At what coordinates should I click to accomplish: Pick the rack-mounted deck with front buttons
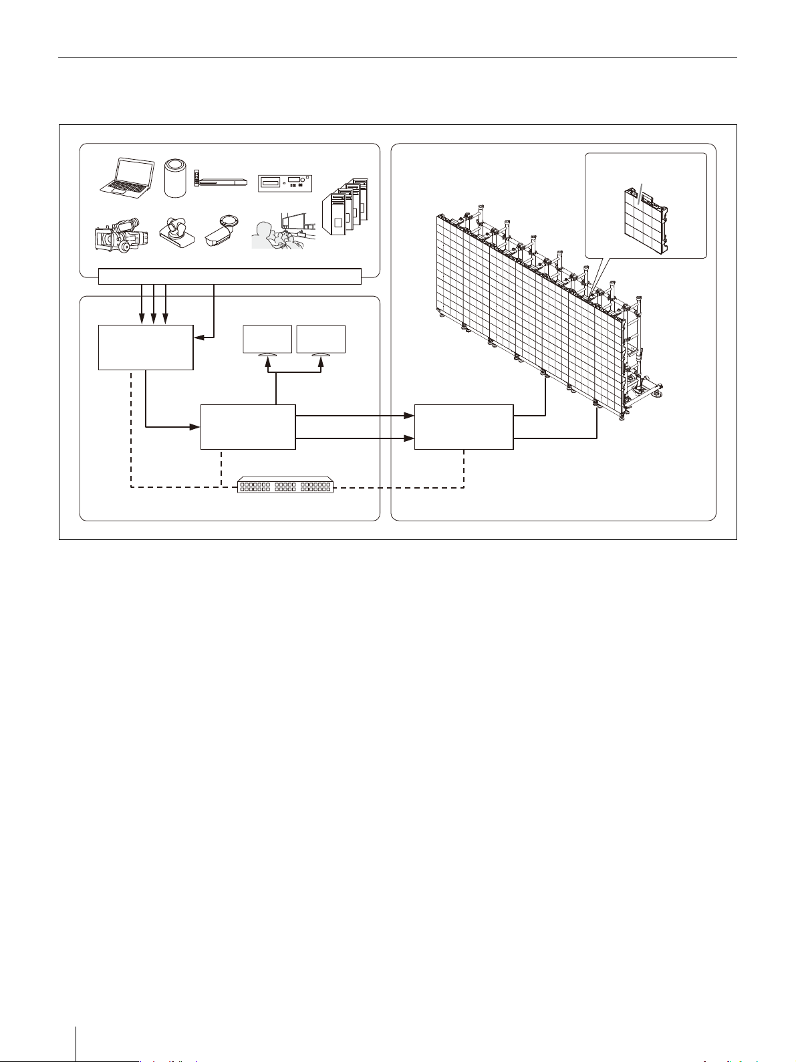pyautogui.click(x=285, y=182)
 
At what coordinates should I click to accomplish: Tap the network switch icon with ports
pyautogui.click(x=286, y=485)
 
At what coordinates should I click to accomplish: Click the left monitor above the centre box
pyautogui.click(x=267, y=340)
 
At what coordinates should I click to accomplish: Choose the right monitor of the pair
pyautogui.click(x=321, y=340)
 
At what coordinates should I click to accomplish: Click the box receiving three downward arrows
pyautogui.click(x=146, y=347)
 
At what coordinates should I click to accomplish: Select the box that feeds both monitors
pyautogui.click(x=248, y=426)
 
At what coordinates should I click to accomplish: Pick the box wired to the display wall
pyautogui.click(x=464, y=426)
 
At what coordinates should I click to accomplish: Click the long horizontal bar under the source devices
pyautogui.click(x=230, y=275)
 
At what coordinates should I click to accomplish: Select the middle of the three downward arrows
pyautogui.click(x=154, y=304)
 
